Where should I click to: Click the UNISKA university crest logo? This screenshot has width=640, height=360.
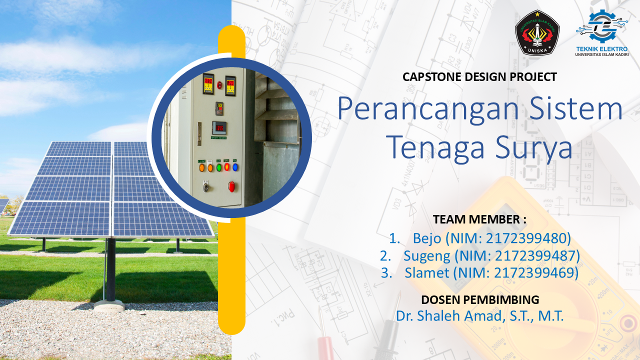[x=537, y=32]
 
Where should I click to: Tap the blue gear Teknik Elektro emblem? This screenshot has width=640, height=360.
[x=601, y=26]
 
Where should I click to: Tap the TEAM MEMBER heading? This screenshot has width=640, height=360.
[x=479, y=219]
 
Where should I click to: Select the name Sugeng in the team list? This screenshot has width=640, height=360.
[x=427, y=256]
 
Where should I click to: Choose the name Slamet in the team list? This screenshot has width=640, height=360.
[x=427, y=272]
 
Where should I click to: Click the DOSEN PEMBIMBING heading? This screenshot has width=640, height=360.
[x=480, y=299]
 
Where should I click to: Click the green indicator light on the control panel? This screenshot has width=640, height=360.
[x=219, y=167]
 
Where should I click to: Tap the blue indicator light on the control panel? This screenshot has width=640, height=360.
[x=235, y=167]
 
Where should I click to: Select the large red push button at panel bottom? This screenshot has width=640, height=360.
[x=231, y=186]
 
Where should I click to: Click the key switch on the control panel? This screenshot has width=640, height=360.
[x=205, y=187]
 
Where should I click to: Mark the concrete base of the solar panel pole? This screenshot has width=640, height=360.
[x=109, y=305]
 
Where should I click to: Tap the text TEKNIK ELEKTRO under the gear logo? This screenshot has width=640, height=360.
[x=602, y=49]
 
